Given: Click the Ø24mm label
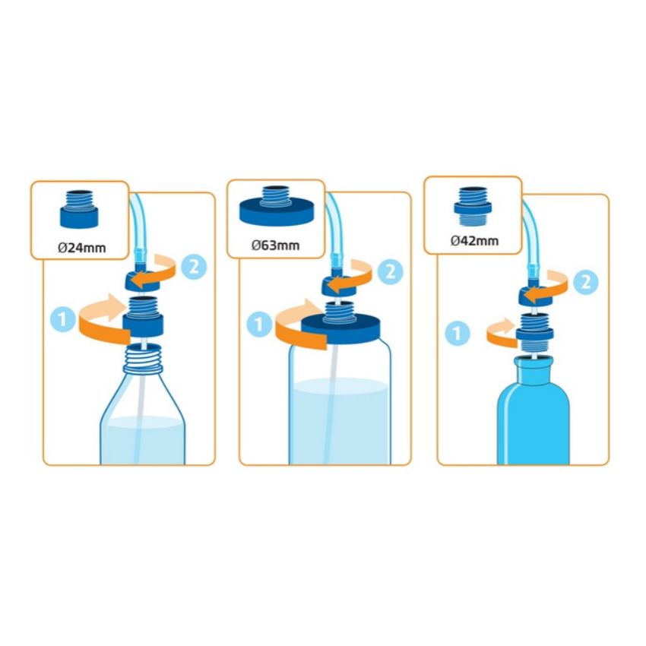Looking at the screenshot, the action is [x=81, y=248].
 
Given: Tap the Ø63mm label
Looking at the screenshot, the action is [x=276, y=245].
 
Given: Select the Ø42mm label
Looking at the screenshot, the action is [x=474, y=240].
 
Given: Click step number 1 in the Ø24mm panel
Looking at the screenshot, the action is [x=62, y=319].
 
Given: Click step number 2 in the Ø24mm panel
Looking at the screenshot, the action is [x=194, y=267].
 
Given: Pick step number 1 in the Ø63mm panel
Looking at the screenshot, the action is [x=258, y=325].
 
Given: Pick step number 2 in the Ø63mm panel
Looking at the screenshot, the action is [x=390, y=271].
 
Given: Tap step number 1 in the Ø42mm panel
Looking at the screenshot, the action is [x=458, y=333].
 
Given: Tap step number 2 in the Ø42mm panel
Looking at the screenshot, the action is [x=585, y=282].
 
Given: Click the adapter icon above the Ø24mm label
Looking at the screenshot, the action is [x=79, y=209].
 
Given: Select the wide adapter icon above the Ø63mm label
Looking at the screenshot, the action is [x=277, y=206].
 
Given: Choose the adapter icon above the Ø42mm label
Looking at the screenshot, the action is [x=473, y=207].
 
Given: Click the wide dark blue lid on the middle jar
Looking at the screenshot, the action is [x=341, y=329].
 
